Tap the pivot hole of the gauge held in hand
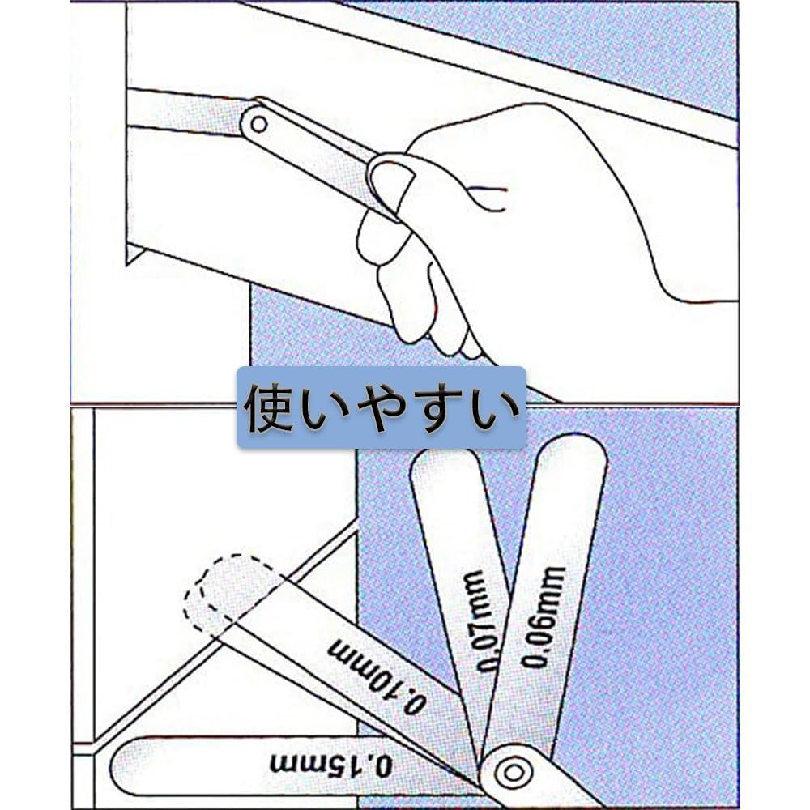coord(258,124)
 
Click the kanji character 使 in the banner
coord(271,407)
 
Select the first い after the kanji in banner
coord(326,409)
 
